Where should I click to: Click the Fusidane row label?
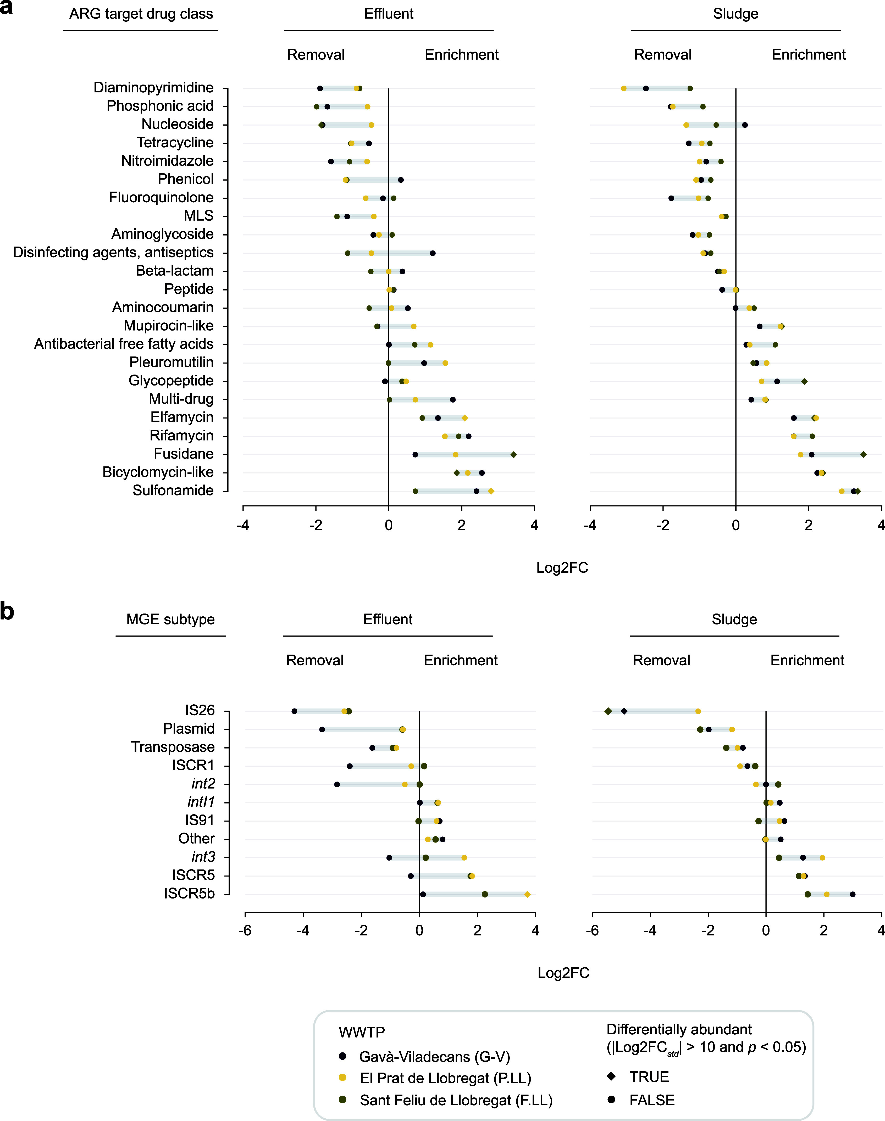(184, 454)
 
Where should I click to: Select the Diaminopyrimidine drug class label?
(153, 87)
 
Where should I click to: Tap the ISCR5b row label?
(189, 894)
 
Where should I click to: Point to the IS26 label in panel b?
(200, 710)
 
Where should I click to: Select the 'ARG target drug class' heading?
(141, 14)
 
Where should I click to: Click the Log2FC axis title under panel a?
(562, 568)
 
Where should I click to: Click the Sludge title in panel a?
(736, 14)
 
